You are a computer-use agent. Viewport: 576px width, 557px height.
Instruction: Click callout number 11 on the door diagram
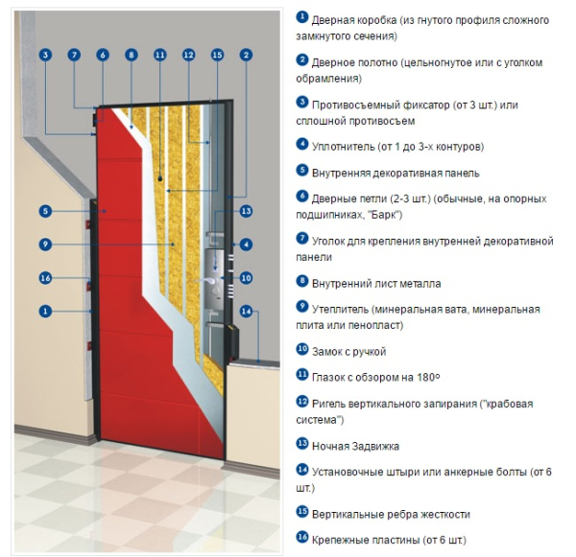pyautogui.click(x=158, y=56)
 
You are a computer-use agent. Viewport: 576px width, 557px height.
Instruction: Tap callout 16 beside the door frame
pyautogui.click(x=44, y=278)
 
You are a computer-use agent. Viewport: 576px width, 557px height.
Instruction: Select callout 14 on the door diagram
pyautogui.click(x=246, y=311)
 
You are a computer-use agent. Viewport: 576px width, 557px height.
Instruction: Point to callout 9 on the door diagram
pyautogui.click(x=44, y=244)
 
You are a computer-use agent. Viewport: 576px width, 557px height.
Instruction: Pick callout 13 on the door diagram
pyautogui.click(x=246, y=211)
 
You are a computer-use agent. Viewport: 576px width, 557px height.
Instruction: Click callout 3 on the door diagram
pyautogui.click(x=44, y=56)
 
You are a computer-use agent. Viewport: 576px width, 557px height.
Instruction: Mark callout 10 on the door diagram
pyautogui.click(x=246, y=278)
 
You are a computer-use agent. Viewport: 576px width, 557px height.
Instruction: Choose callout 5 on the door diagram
pyautogui.click(x=44, y=211)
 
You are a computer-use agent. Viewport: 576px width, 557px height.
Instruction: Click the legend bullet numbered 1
pyautogui.click(x=302, y=17)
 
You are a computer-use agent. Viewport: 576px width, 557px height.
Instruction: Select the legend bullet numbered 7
pyautogui.click(x=302, y=239)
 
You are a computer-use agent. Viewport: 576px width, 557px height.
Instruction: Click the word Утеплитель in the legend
pyautogui.click(x=343, y=310)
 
